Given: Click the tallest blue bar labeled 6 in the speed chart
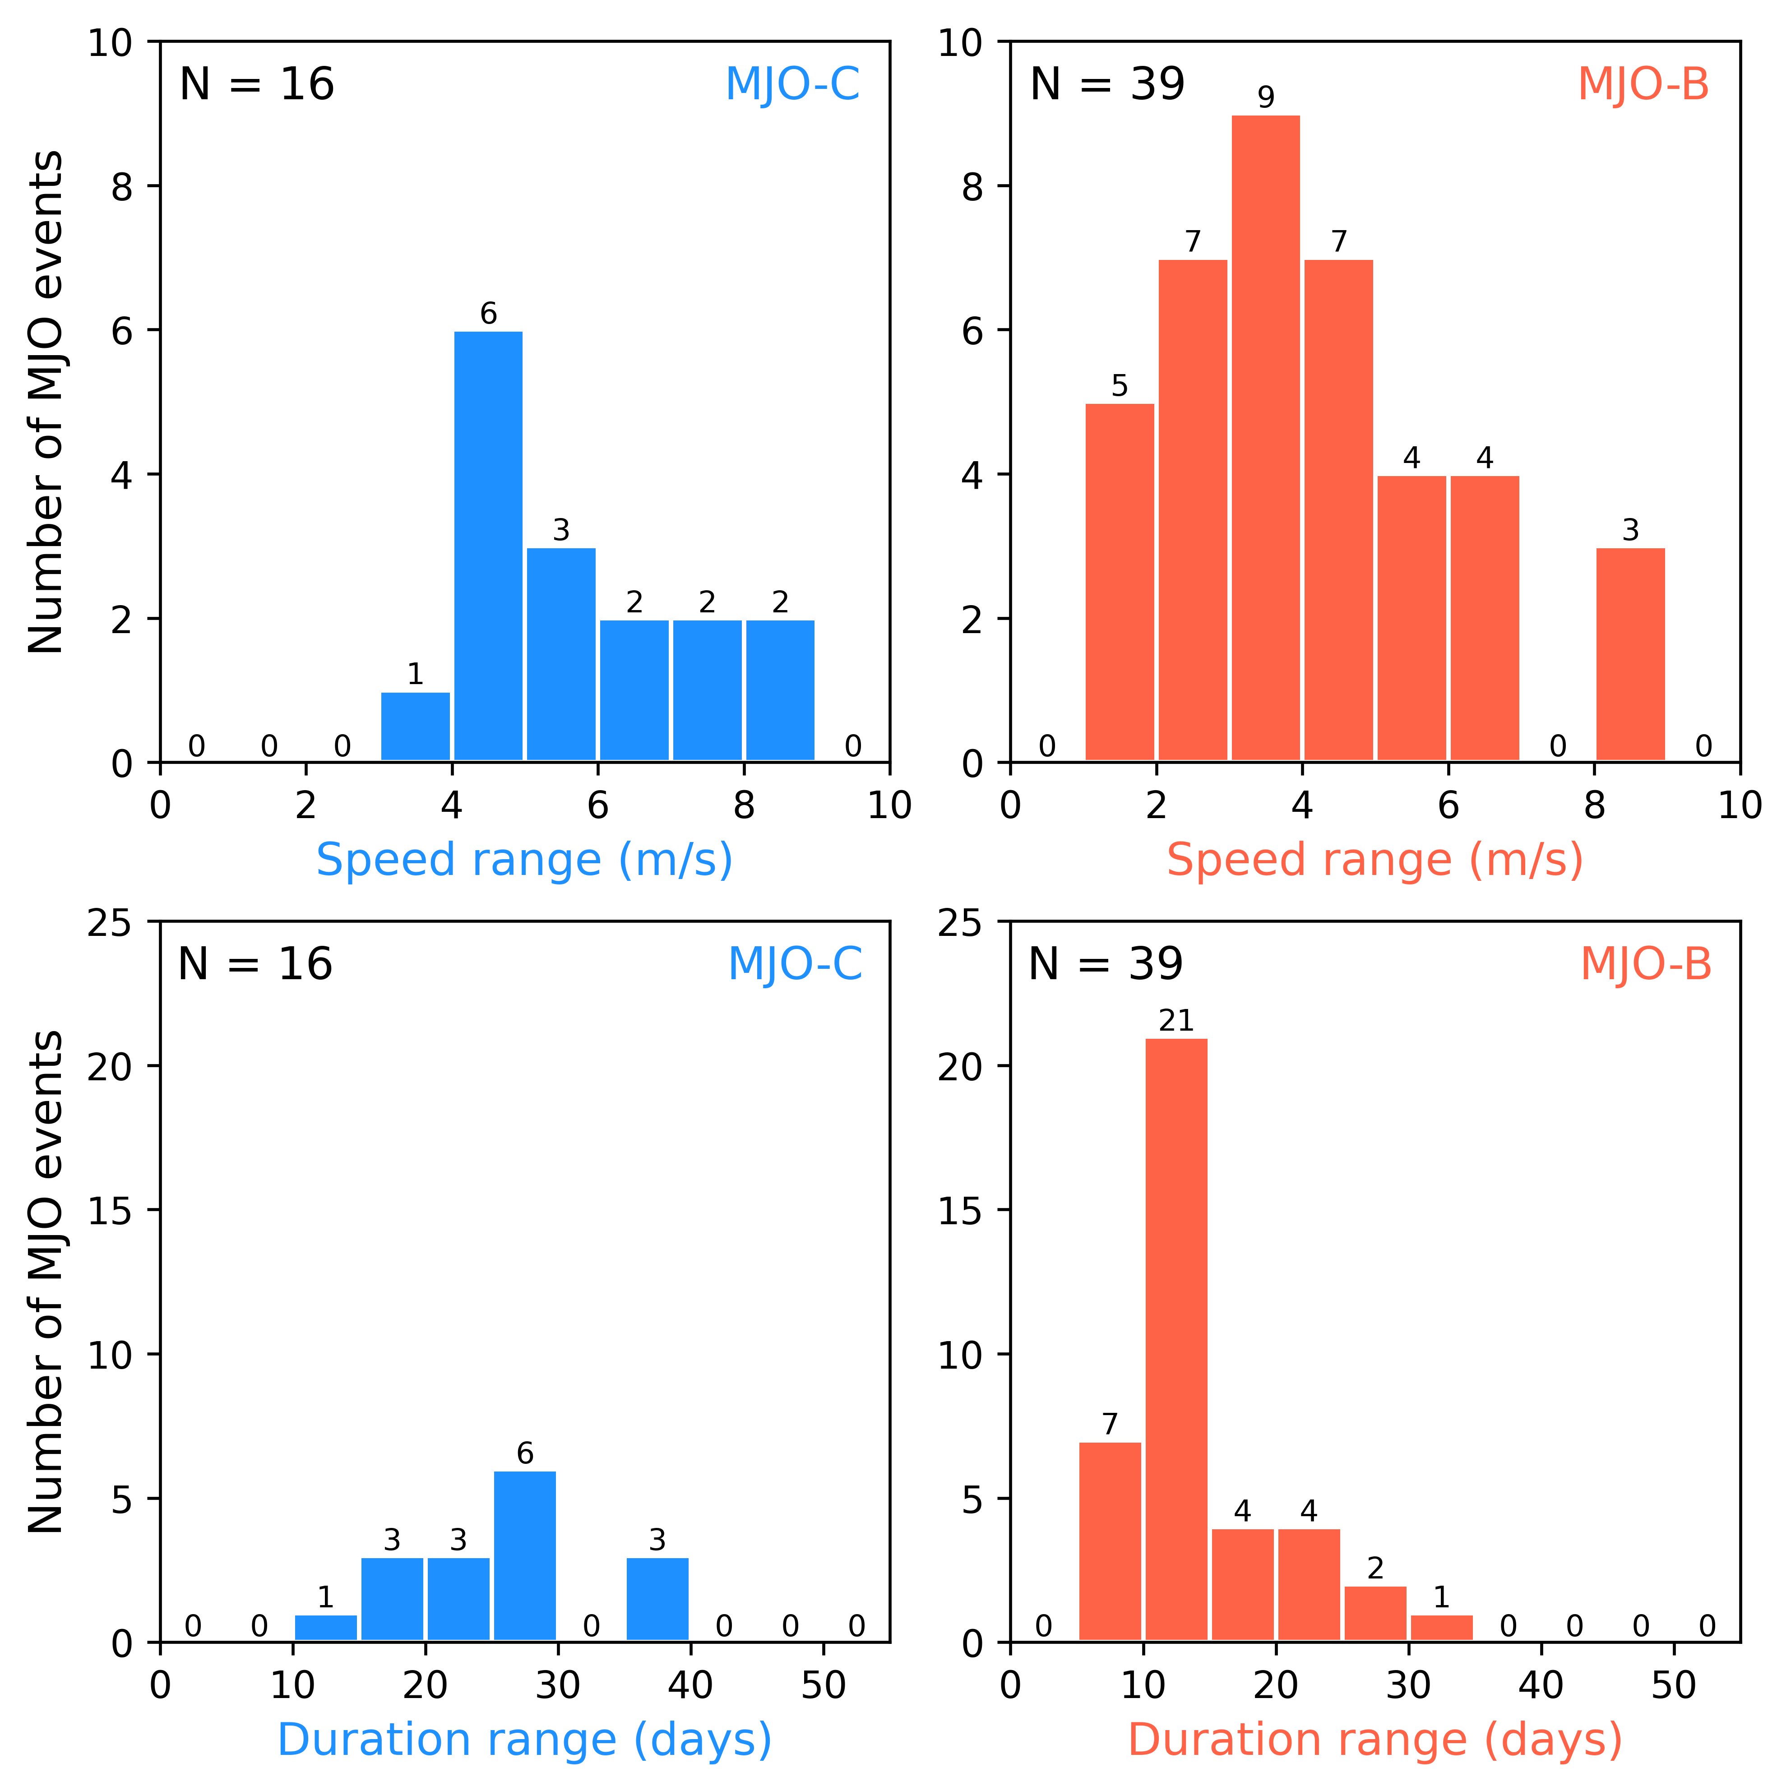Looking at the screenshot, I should point(489,547).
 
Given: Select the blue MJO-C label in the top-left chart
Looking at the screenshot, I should point(792,84).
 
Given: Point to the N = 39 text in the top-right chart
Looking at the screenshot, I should point(1108,84).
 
